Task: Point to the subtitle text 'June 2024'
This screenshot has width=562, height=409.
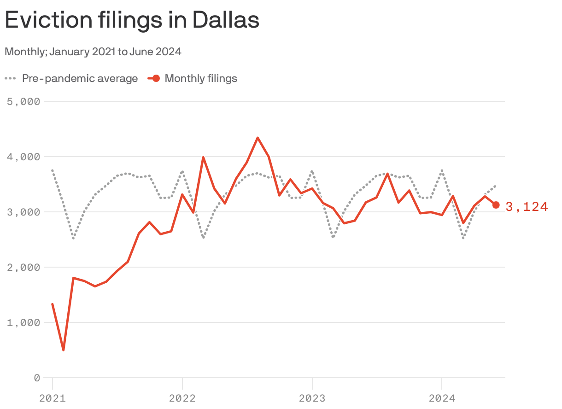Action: pos(155,52)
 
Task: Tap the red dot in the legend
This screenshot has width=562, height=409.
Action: pos(156,78)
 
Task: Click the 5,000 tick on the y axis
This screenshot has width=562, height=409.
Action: pos(23,101)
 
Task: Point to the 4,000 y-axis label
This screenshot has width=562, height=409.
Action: pos(23,157)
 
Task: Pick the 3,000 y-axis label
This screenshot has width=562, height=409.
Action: pos(23,212)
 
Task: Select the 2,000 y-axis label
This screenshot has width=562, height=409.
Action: pos(23,267)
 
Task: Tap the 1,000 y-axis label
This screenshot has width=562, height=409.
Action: pos(23,322)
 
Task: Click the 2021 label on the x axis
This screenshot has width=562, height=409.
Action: pos(53,398)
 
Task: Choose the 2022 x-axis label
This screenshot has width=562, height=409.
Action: pos(182,398)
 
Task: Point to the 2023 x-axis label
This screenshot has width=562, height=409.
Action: pos(312,398)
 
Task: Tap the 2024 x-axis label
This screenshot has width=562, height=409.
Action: pos(442,398)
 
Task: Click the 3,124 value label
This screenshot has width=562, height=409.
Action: pos(527,207)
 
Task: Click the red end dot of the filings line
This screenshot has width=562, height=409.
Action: pos(496,205)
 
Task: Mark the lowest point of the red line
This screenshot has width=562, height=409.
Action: pos(63,350)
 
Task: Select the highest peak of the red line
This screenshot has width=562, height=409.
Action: pos(258,138)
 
